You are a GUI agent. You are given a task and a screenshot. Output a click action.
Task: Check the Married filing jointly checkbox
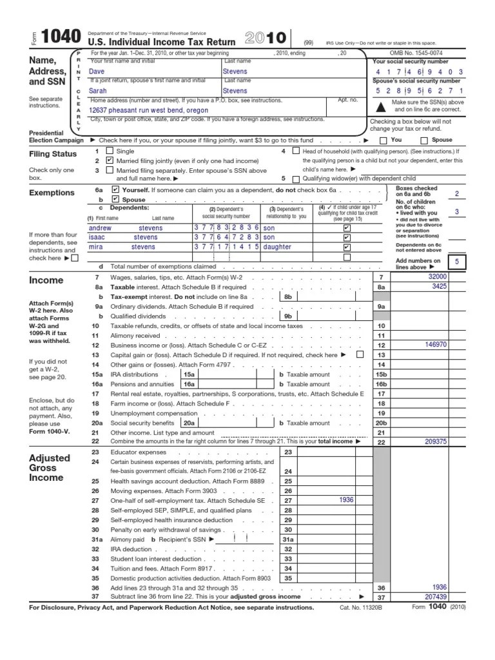tap(110, 160)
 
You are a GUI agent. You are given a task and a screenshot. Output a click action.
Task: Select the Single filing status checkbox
tap(110, 151)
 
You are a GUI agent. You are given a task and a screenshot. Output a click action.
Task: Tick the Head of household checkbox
tap(296, 151)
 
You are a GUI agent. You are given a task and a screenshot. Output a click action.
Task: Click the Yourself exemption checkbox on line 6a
tap(115, 191)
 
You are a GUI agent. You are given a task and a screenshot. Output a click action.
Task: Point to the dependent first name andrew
tap(100, 228)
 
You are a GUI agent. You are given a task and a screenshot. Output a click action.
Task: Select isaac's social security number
tap(226, 237)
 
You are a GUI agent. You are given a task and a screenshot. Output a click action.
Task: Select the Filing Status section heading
tap(53, 155)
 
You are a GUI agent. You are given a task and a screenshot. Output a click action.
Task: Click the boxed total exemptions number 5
tap(456, 262)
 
